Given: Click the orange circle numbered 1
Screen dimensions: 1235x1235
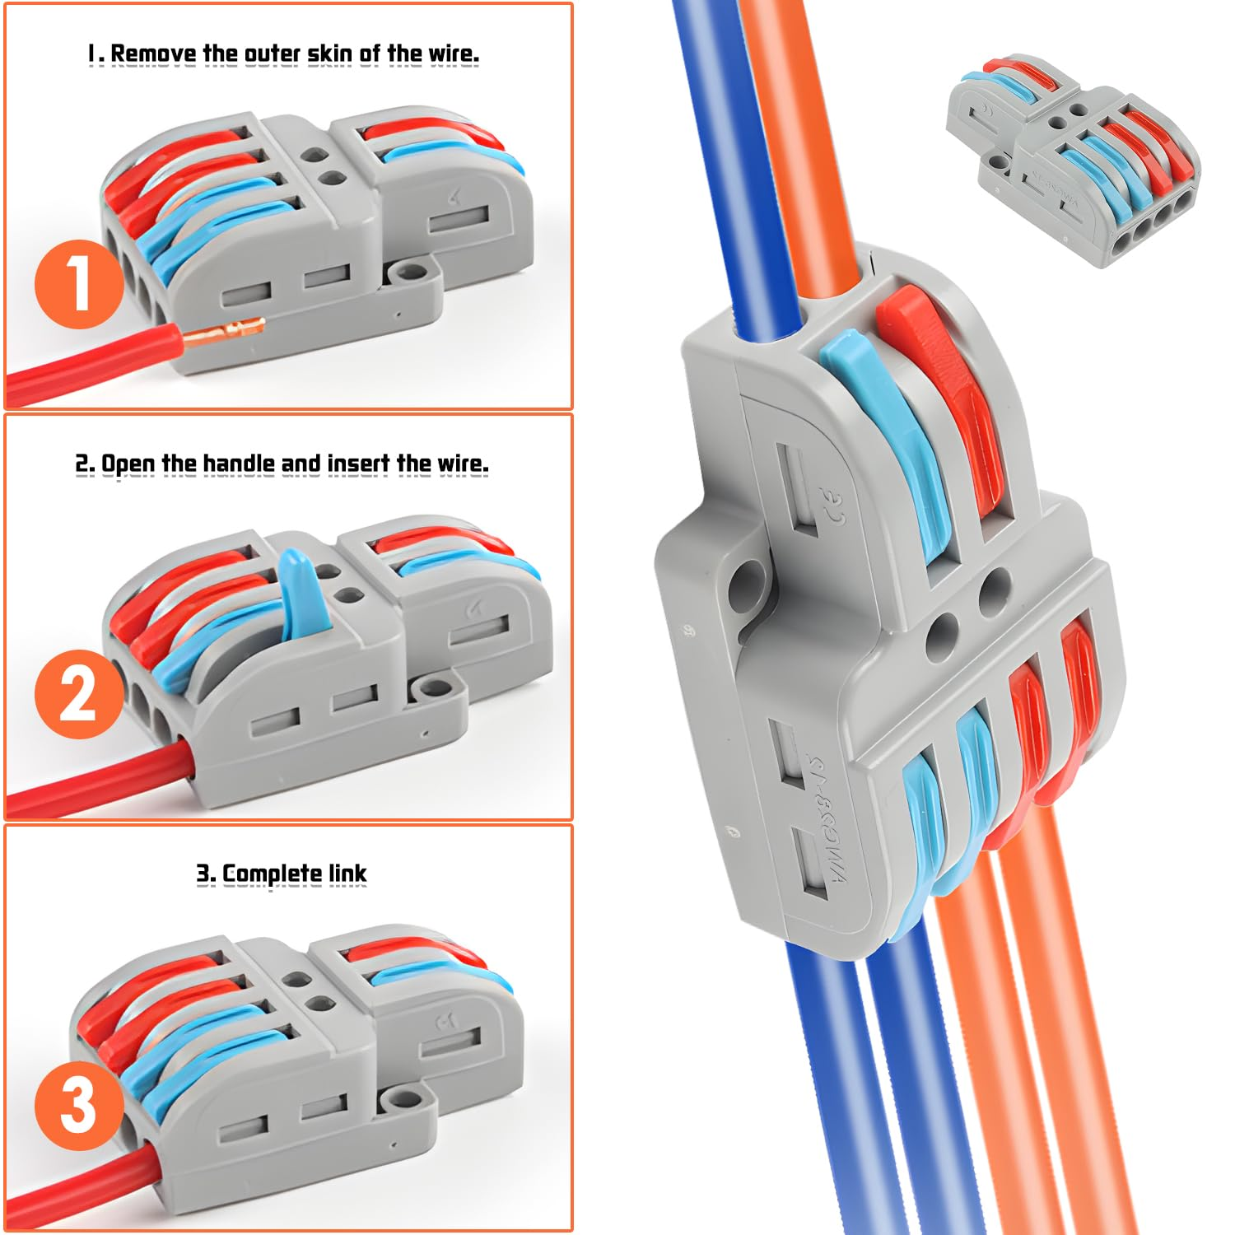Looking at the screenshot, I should point(78,283).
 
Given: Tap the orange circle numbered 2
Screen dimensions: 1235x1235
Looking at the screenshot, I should point(78,693).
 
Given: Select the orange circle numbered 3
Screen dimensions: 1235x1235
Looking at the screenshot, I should point(78,1105).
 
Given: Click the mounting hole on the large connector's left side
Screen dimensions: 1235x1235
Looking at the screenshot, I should point(747,586).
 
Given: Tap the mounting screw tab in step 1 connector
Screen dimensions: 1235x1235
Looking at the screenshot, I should point(405,271).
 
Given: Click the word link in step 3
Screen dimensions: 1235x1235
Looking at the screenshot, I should point(347,874).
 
